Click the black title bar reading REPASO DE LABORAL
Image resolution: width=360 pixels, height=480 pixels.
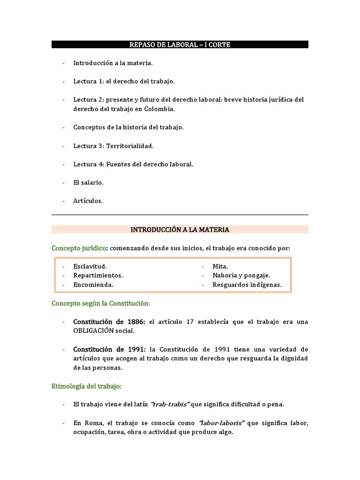point(180,45)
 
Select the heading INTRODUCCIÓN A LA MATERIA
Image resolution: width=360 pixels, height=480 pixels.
point(180,230)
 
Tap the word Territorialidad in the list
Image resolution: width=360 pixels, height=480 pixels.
point(130,146)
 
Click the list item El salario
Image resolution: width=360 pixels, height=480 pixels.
point(88,182)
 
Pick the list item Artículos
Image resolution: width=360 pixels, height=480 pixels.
point(88,201)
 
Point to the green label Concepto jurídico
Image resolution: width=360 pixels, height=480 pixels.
point(79,248)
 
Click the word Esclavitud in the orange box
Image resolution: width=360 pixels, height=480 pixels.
point(90,266)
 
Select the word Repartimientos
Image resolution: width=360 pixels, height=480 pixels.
point(98,275)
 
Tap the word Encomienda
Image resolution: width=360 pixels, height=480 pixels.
point(93,285)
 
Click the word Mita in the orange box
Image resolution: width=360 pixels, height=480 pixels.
point(219,266)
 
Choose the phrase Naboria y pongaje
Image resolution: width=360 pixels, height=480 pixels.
point(241,275)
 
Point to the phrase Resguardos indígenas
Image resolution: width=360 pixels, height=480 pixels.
point(247,285)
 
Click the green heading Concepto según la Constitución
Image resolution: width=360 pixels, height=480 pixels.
point(100,303)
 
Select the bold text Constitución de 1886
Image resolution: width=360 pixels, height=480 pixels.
point(109,322)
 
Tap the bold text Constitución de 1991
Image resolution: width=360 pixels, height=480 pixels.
point(109,349)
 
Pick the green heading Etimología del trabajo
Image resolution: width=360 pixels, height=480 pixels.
point(87,386)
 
